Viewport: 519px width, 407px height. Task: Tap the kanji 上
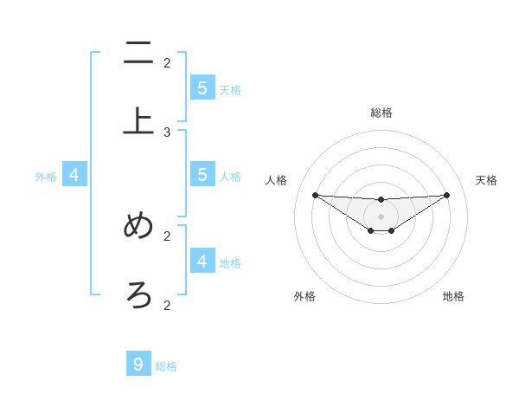138,121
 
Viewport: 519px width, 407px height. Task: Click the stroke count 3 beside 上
167,132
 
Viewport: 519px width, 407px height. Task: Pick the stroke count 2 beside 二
167,62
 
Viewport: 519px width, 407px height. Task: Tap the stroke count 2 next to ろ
167,305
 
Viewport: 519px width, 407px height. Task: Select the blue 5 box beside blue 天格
202,87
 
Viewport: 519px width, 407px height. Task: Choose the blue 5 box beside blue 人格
202,174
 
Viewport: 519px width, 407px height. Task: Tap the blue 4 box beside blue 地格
202,261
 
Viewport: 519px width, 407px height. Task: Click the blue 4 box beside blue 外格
74,175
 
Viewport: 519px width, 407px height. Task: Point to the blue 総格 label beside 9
166,366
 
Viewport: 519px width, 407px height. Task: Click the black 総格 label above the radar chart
381,113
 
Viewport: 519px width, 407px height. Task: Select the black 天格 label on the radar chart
486,180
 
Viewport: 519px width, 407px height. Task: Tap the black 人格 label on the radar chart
277,180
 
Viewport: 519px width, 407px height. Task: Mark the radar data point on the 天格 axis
446,195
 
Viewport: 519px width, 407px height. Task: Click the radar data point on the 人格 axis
315,195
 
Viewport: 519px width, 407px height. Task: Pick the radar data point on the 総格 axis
381,200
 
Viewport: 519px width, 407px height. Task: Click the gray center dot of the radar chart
381,216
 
